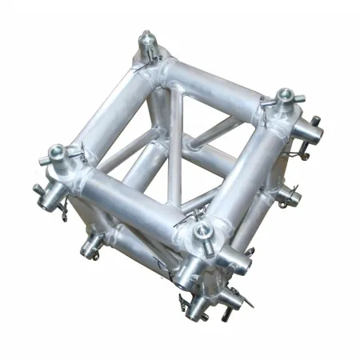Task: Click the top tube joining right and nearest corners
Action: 244,172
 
